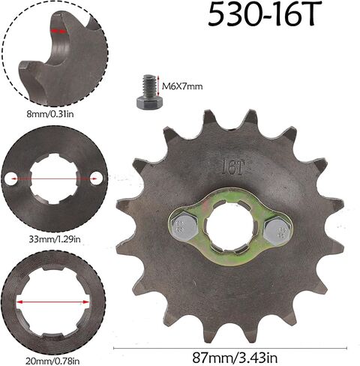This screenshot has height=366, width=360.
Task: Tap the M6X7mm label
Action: [x=182, y=87]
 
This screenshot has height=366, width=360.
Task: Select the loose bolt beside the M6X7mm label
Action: [x=149, y=92]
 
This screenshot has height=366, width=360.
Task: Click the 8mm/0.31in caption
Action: [x=50, y=115]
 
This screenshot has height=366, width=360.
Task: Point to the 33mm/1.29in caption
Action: [x=55, y=239]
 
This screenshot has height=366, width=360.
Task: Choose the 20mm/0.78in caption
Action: [x=52, y=361]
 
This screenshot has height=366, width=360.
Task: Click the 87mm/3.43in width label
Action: [x=235, y=358]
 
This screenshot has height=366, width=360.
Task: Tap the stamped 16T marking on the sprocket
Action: [x=232, y=168]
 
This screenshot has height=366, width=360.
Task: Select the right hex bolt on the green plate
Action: [x=277, y=230]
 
